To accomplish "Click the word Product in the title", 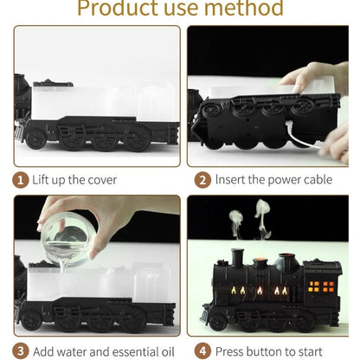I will pos(118,10).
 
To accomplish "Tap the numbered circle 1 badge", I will pos(19,180).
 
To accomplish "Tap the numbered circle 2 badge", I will pos(202,180).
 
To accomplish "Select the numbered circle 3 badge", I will pos(19,350).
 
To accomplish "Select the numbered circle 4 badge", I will pos(202,350).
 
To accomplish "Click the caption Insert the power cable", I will pos(273,180).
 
